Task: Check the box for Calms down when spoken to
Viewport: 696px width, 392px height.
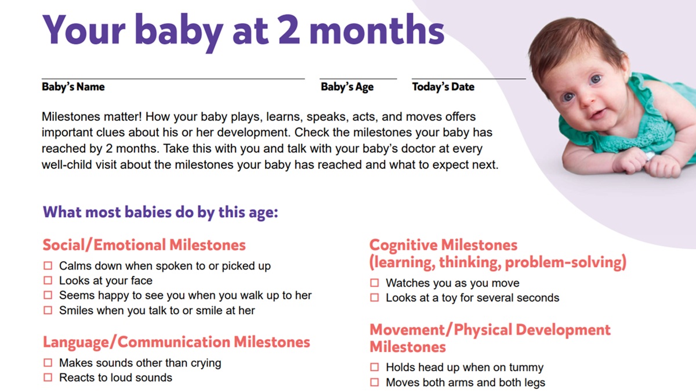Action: click(48, 266)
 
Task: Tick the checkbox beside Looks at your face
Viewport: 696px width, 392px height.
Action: click(48, 280)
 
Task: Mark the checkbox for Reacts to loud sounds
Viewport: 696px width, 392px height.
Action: click(48, 377)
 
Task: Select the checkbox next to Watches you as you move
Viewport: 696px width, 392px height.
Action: click(375, 283)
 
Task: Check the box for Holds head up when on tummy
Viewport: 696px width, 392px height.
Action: click(375, 368)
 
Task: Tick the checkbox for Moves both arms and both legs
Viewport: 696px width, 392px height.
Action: click(375, 383)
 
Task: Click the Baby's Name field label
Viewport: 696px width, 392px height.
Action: click(73, 87)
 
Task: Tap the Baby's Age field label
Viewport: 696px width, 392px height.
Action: click(347, 87)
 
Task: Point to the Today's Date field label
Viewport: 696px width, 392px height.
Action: click(443, 87)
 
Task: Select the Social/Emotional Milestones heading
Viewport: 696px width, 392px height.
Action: click(144, 244)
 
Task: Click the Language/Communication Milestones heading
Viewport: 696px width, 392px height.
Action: click(176, 342)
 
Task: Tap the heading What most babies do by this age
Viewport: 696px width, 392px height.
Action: click(161, 212)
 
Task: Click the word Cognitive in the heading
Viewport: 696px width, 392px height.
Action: click(403, 244)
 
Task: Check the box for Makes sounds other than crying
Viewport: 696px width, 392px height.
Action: click(48, 363)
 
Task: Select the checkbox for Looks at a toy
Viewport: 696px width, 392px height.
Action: click(375, 298)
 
